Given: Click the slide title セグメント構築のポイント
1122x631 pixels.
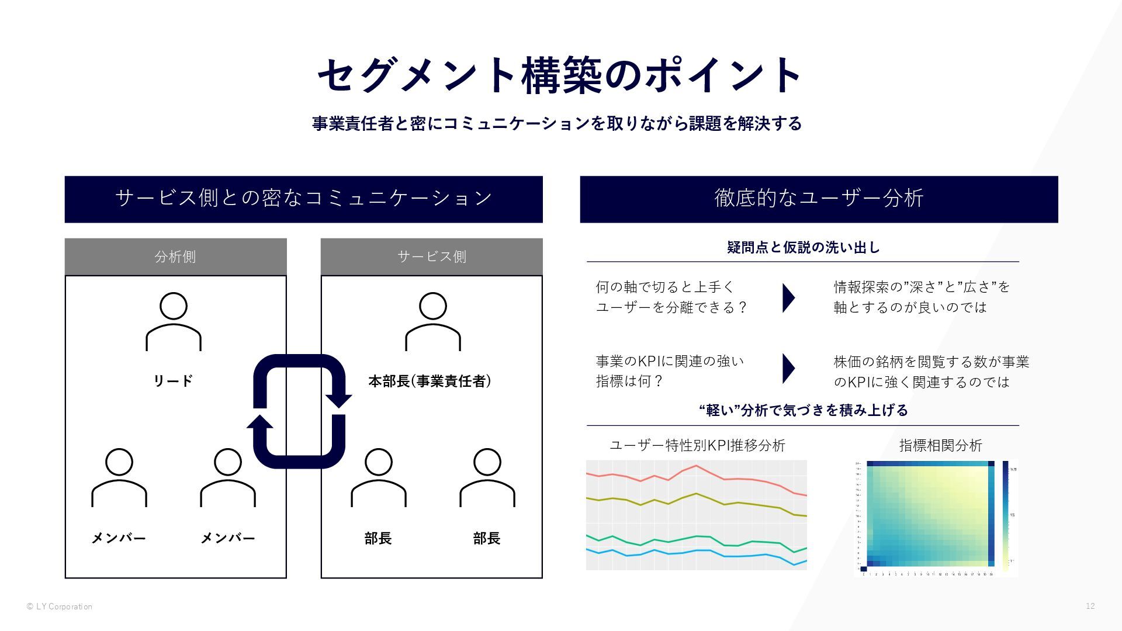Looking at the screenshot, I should click(560, 75).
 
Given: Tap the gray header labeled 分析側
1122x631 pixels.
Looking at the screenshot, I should click(175, 256).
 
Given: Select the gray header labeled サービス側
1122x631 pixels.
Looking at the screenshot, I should click(431, 256).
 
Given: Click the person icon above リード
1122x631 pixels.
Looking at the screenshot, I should click(174, 321).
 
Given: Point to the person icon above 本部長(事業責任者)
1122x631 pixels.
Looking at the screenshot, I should click(433, 321).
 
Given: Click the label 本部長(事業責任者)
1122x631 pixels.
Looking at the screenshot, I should click(430, 382).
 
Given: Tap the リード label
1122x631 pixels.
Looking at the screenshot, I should click(173, 382).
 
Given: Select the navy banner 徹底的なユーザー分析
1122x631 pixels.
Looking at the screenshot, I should click(819, 199).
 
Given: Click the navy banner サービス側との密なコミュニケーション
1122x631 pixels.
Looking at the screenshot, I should click(303, 199).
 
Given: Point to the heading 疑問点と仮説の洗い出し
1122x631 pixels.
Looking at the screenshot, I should click(803, 248).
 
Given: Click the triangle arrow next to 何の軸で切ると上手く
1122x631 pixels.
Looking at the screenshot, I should click(788, 297).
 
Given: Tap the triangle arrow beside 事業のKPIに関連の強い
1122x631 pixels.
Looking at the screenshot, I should click(788, 368).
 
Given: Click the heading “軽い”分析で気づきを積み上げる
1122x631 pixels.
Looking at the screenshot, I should click(803, 410).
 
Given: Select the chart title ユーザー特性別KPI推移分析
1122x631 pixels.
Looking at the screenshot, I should click(697, 445).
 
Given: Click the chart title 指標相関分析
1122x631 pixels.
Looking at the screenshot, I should click(940, 445).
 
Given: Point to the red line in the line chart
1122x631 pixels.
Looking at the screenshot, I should click(695, 467).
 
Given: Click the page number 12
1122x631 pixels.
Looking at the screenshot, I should click(1090, 606).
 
